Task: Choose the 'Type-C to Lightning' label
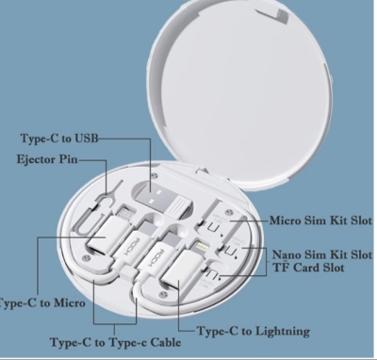click(x=252, y=333)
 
